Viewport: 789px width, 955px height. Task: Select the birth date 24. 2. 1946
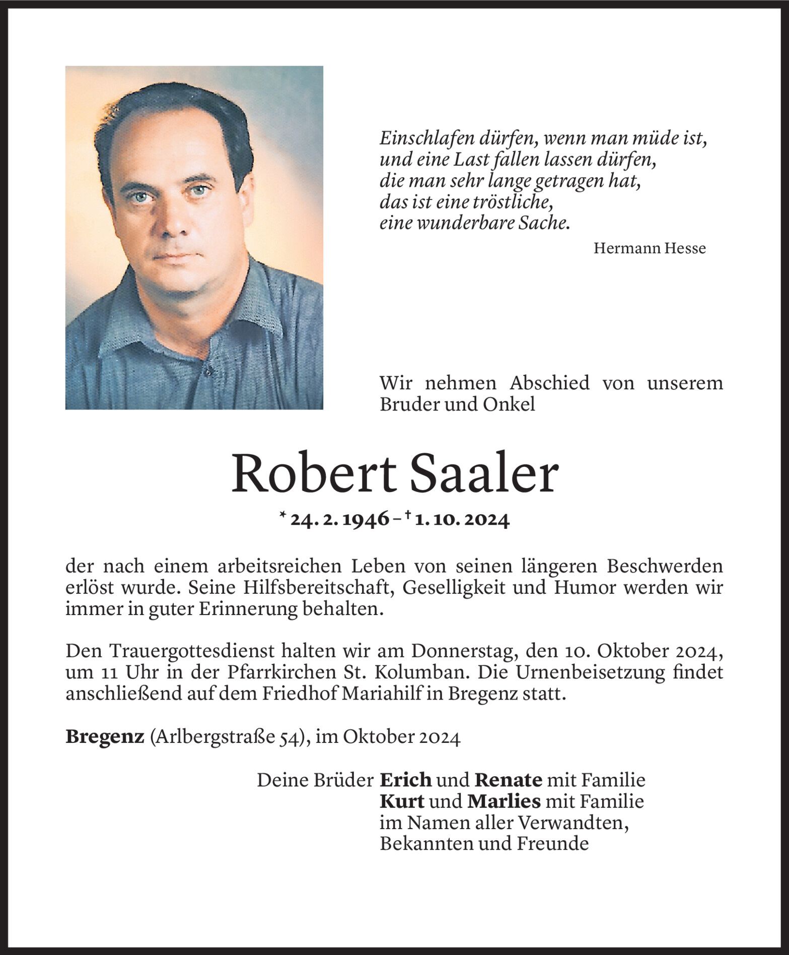[x=340, y=519]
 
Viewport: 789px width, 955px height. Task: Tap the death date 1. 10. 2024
[x=462, y=519]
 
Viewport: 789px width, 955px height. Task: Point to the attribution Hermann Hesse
[x=650, y=248]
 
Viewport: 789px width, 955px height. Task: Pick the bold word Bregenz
[x=105, y=737]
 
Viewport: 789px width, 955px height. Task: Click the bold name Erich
[x=405, y=780]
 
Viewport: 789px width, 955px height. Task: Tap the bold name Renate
[x=509, y=780]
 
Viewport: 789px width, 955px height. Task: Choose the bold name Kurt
[x=402, y=801]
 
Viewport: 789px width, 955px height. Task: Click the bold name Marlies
[x=504, y=801]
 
